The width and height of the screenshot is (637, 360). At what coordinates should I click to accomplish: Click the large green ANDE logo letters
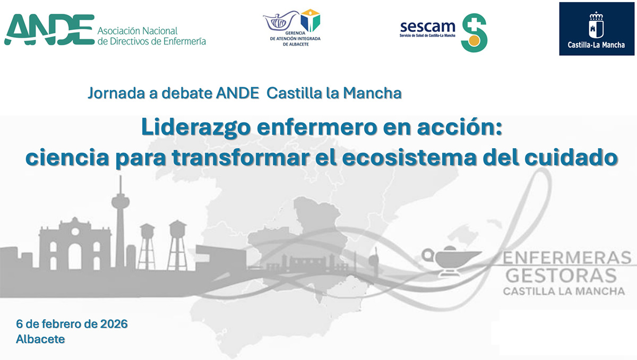pyautogui.click(x=49, y=30)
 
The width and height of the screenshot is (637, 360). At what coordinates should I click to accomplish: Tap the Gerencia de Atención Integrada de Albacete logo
pyautogui.click(x=293, y=28)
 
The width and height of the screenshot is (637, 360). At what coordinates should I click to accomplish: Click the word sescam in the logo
pyautogui.click(x=427, y=27)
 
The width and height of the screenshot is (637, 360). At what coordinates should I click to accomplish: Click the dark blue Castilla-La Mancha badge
pyautogui.click(x=597, y=29)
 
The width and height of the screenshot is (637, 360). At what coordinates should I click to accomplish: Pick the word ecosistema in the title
pyautogui.click(x=409, y=158)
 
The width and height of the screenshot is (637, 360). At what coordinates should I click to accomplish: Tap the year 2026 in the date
pyautogui.click(x=114, y=324)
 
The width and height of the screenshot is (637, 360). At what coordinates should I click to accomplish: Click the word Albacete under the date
pyautogui.click(x=40, y=339)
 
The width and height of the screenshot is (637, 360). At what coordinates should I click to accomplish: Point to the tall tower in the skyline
pyautogui.click(x=120, y=222)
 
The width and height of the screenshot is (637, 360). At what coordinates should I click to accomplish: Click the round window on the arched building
pyautogui.click(x=75, y=232)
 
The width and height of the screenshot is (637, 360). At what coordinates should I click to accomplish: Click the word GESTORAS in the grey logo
pyautogui.click(x=561, y=276)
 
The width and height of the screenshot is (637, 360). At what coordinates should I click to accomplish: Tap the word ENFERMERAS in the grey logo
pyautogui.click(x=567, y=258)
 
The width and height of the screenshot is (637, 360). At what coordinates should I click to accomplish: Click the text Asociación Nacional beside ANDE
pyautogui.click(x=137, y=31)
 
